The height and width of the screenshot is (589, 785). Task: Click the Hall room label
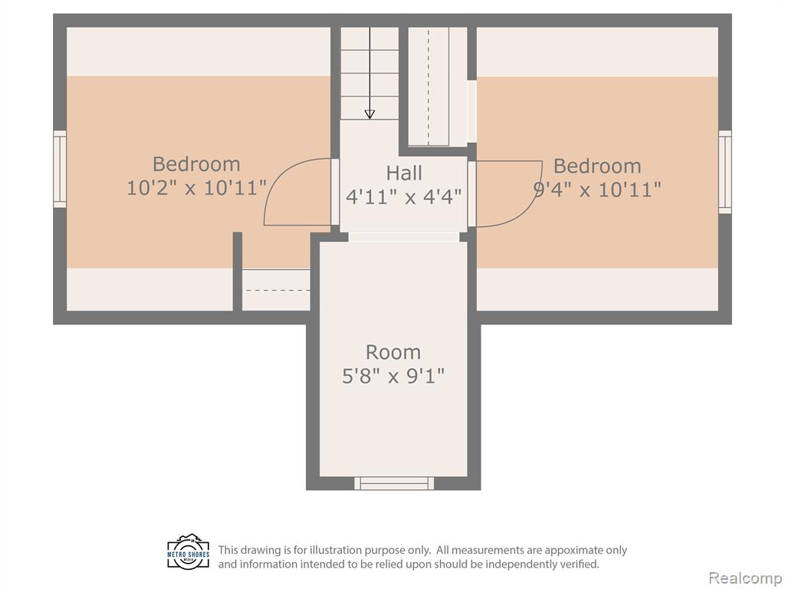(x=403, y=173)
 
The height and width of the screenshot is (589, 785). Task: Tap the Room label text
(x=393, y=353)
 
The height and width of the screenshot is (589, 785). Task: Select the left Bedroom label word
(x=196, y=164)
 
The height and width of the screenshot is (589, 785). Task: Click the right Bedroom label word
(x=597, y=166)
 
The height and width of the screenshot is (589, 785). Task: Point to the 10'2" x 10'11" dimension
(x=196, y=189)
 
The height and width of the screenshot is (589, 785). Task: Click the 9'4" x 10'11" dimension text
(x=597, y=190)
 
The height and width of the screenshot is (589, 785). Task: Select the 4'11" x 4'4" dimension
(x=403, y=197)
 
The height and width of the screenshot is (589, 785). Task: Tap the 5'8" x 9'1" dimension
(x=393, y=376)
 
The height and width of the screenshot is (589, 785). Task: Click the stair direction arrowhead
(x=370, y=115)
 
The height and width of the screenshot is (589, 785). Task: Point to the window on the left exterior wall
(x=60, y=169)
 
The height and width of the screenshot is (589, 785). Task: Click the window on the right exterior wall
(x=724, y=172)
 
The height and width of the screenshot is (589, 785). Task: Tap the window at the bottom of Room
(x=394, y=483)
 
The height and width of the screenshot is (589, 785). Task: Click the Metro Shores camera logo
(x=189, y=551)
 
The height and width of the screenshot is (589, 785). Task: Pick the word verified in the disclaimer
(x=580, y=564)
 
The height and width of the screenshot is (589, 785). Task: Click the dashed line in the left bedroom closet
(x=278, y=291)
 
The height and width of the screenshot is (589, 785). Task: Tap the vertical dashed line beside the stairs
(x=428, y=86)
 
